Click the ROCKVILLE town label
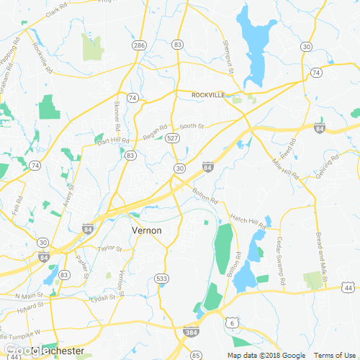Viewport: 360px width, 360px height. pyautogui.click(x=209, y=94)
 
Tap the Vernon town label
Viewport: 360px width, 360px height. pyautogui.click(x=146, y=230)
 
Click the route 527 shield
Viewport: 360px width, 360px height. pyautogui.click(x=171, y=137)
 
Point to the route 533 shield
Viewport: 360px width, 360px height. pyautogui.click(x=162, y=277)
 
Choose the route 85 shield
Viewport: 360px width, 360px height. pyautogui.click(x=196, y=355)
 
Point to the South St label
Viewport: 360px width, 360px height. pyautogui.click(x=192, y=126)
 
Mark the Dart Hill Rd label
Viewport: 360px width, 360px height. pyautogui.click(x=113, y=142)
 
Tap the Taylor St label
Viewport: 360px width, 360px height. pyautogui.click(x=110, y=248)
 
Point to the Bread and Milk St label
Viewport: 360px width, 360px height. pyautogui.click(x=322, y=253)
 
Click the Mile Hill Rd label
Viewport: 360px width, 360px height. pyautogui.click(x=285, y=170)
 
